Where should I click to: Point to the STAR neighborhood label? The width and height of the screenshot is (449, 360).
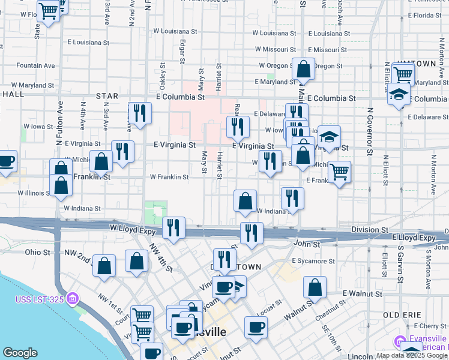point(107,96)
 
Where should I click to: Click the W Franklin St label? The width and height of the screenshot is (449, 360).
point(169,177)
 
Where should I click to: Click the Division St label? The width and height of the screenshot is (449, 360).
point(370,230)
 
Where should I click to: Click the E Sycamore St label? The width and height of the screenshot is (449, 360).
point(313,262)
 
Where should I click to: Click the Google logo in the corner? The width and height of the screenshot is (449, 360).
point(20,353)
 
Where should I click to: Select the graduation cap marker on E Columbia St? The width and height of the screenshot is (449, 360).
point(399,94)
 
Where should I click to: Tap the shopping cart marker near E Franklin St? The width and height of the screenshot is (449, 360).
point(340,172)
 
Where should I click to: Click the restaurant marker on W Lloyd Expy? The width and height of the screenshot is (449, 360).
point(173,227)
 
